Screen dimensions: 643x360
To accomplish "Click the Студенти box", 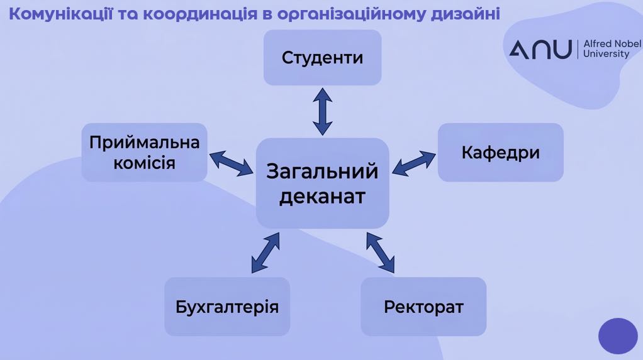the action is [322, 57].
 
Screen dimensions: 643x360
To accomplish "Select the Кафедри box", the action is [500, 152].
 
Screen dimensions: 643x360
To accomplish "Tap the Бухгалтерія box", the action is [227, 307].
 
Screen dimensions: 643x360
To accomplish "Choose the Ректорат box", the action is [423, 307].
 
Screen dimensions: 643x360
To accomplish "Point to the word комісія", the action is [144, 163].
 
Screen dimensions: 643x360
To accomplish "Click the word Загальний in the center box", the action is [322, 171].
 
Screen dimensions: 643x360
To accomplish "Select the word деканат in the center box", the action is [322, 197].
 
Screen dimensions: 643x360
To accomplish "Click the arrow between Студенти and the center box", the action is [322, 111].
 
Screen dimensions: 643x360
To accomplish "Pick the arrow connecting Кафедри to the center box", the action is [414, 163].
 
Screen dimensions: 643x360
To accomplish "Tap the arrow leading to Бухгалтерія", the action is [266, 253].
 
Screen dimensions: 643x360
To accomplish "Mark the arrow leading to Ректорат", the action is [380, 253].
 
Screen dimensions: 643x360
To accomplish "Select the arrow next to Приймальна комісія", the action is [232, 163].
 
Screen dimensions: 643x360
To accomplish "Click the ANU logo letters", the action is [540, 49].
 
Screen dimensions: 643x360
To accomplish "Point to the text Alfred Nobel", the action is [612, 44].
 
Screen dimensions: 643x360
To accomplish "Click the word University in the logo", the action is [606, 54].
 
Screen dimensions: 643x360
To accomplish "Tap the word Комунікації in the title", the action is [60, 14].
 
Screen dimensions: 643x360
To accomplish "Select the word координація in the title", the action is [201, 14].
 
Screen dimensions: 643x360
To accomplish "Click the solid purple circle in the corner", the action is [618, 336].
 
